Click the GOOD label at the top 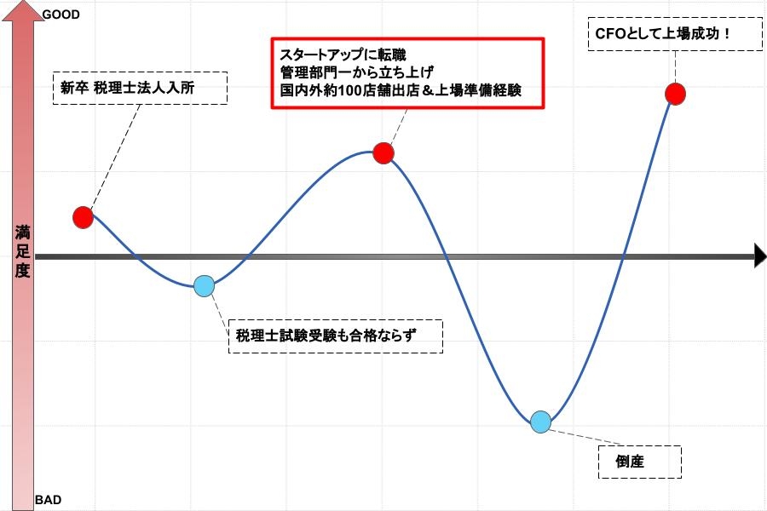61,14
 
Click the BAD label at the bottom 49,500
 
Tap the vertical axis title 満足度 22,251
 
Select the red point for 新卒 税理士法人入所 84,217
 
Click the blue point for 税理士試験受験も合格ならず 204,286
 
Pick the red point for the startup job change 383,153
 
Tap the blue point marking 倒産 540,422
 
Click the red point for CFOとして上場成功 675,94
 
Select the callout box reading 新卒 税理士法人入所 140,88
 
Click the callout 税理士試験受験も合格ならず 336,336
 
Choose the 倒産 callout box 640,462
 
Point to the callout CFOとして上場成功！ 675,34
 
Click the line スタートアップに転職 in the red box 343,55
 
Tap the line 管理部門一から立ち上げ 356,72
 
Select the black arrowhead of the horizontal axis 760,256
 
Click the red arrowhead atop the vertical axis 24,11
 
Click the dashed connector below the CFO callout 675,67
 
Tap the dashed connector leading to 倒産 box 585,438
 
